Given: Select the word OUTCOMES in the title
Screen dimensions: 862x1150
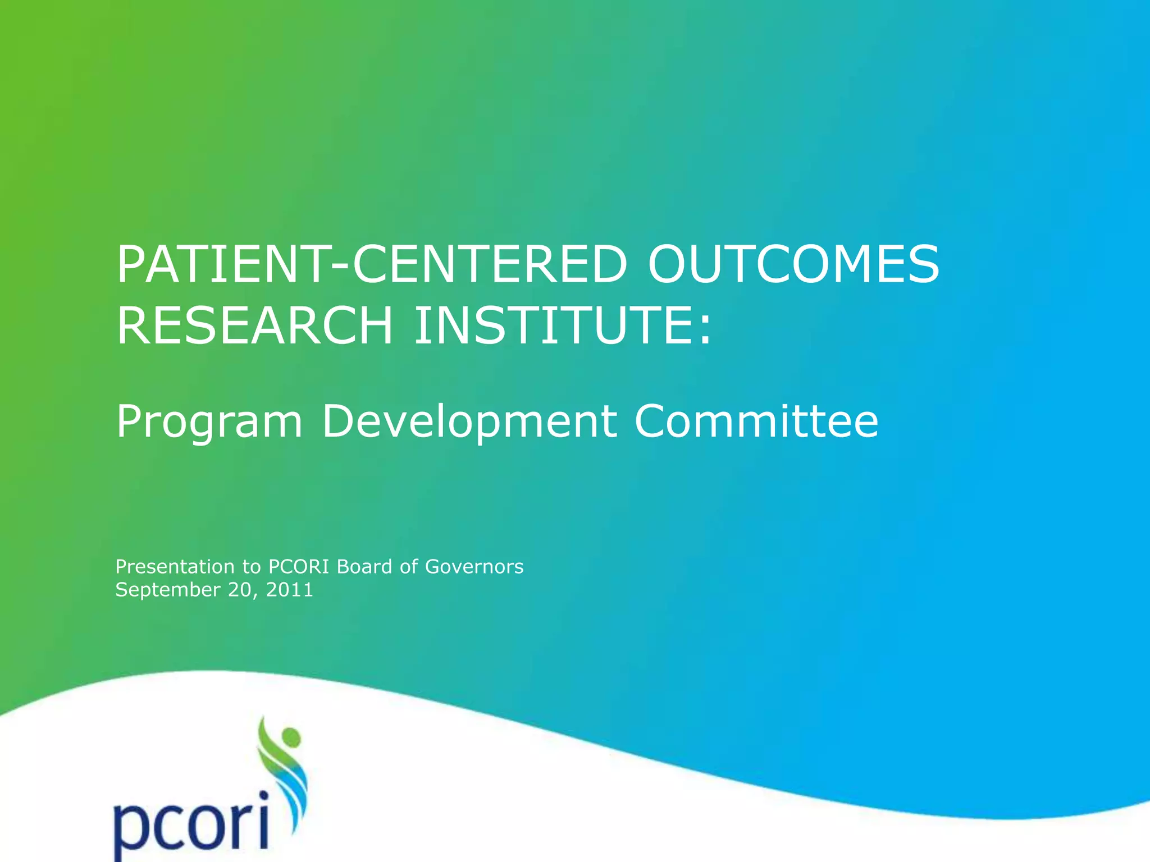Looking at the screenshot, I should pos(793,264).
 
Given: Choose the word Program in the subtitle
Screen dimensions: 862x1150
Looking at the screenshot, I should pos(209,422).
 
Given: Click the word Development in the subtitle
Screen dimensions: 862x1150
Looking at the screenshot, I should pos(469,422).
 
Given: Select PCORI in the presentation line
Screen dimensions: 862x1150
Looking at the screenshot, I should pos(299,567).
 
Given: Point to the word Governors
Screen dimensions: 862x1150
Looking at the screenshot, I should pos(474,567).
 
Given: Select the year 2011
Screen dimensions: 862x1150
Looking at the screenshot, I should pos(289,590).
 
